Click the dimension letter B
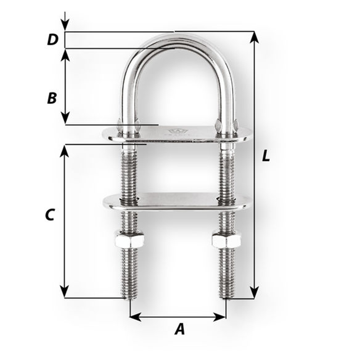(x=52, y=98)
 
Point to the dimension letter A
(x=179, y=330)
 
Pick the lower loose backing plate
(x=176, y=201)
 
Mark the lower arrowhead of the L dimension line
(x=255, y=292)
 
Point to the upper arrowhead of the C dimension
(x=65, y=150)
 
